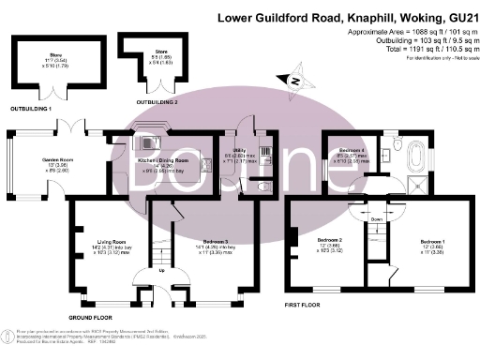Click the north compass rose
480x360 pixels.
tap(295, 82)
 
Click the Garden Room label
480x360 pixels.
tap(58, 160)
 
